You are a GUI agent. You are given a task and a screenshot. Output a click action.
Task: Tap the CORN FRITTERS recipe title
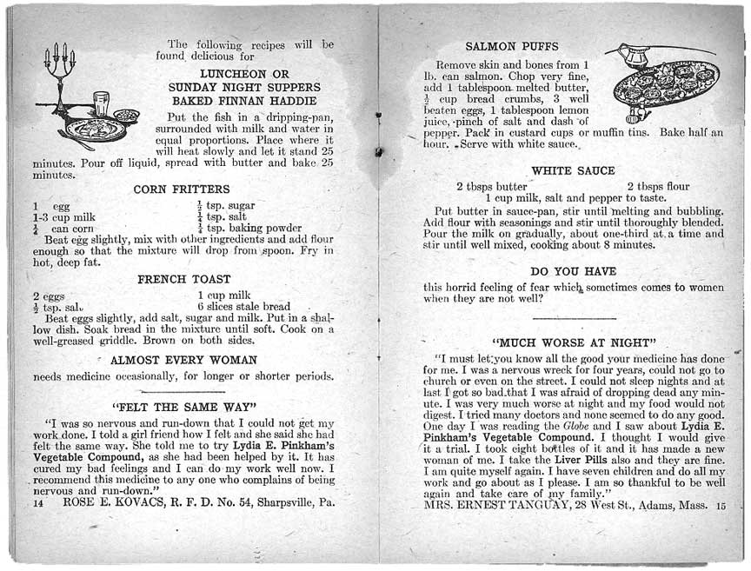point(182,189)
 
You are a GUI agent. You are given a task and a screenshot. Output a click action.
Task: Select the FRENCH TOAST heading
point(184,280)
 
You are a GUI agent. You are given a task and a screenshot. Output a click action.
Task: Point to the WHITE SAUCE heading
point(573,171)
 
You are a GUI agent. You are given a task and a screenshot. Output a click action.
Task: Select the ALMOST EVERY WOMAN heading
point(183,360)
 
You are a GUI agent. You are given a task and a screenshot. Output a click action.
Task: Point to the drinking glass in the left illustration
point(103,103)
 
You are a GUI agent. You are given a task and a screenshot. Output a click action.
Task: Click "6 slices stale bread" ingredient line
point(243,307)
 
